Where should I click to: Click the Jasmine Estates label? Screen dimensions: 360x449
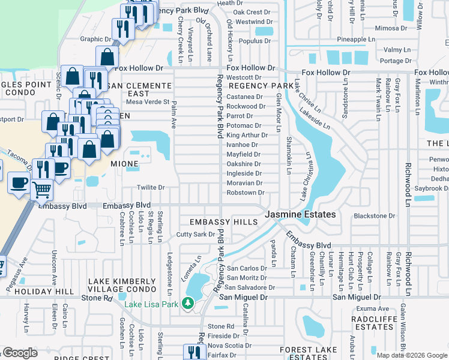click(x=301, y=214)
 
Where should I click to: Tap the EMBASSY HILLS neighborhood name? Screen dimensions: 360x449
click(x=223, y=222)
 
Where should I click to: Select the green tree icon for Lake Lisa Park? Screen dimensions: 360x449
click(x=188, y=304)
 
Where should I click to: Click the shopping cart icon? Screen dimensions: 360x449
click(x=41, y=190)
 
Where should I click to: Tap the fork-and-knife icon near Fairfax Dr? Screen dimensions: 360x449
click(x=194, y=352)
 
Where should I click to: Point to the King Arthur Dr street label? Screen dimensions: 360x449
click(x=246, y=135)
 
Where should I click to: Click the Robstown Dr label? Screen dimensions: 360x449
click(x=245, y=193)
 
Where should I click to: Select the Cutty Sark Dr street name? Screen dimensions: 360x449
click(x=195, y=235)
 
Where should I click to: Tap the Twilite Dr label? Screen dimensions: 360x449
click(x=151, y=188)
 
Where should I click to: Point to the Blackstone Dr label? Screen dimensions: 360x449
click(x=375, y=216)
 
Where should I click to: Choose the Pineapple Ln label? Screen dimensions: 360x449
click(x=343, y=39)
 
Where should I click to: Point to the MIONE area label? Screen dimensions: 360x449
click(x=124, y=163)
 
